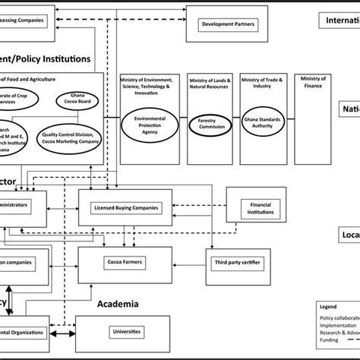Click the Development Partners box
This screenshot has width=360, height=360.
tap(228, 24)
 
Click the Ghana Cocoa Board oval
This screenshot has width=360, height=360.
tap(76, 99)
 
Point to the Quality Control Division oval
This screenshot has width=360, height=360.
tap(71, 134)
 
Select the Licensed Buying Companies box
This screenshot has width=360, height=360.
tap(125, 207)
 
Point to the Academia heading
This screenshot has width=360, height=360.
tap(118, 304)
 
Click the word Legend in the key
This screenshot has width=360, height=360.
tap(329, 305)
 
